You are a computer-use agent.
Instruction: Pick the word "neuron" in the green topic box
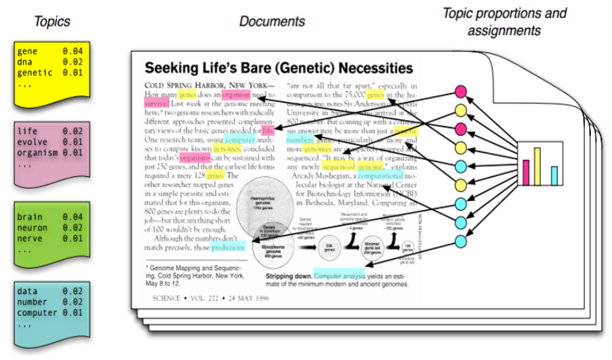pos(32,227)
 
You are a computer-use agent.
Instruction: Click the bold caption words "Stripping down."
pos(289,276)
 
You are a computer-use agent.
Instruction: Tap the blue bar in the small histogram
pos(554,174)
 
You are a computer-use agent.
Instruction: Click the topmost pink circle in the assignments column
pos(462,94)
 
